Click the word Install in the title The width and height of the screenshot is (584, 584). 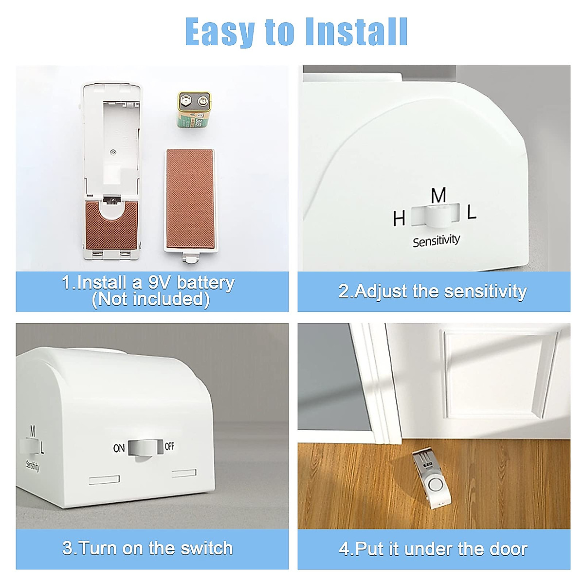[356, 32]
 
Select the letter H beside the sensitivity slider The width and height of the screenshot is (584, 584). [399, 219]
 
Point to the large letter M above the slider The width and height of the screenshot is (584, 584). [438, 196]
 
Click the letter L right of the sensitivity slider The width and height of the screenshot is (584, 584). [471, 213]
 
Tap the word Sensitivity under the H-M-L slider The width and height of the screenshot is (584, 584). [436, 240]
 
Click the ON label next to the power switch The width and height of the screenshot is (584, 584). [119, 448]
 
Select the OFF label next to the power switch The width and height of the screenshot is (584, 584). [169, 446]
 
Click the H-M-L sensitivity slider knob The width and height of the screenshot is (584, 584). [436, 216]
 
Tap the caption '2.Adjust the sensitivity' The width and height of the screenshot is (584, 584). [433, 292]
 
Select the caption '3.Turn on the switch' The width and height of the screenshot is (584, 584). [148, 548]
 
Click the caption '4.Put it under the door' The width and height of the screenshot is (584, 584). [433, 549]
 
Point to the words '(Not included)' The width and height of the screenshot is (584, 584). [151, 299]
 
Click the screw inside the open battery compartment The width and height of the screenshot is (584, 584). [113, 152]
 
